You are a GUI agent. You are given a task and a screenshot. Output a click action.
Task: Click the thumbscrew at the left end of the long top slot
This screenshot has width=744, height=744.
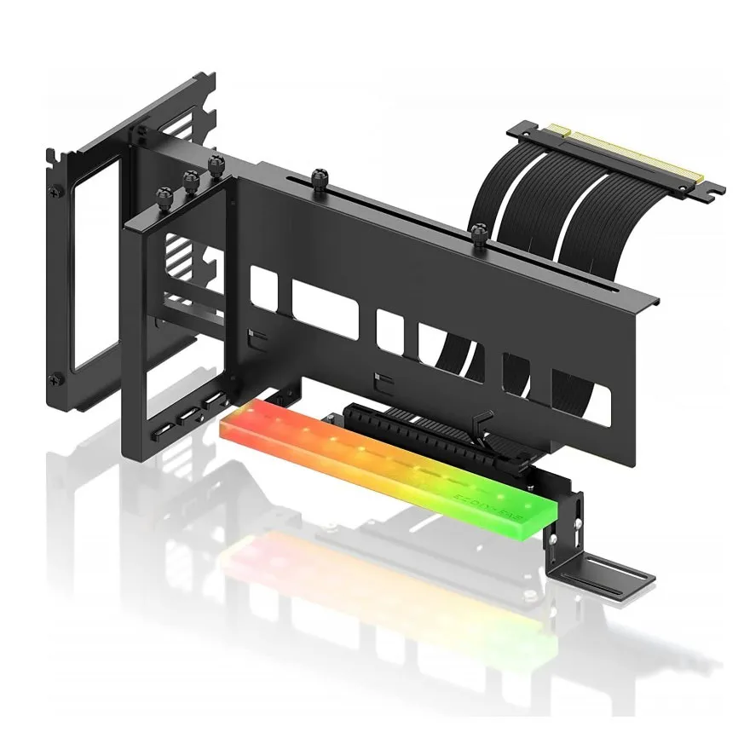coord(320,177)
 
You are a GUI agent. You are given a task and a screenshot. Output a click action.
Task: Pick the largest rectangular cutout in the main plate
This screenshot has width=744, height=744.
coord(325,308)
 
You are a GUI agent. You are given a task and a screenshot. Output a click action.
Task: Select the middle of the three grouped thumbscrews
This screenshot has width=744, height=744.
coord(189,180)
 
